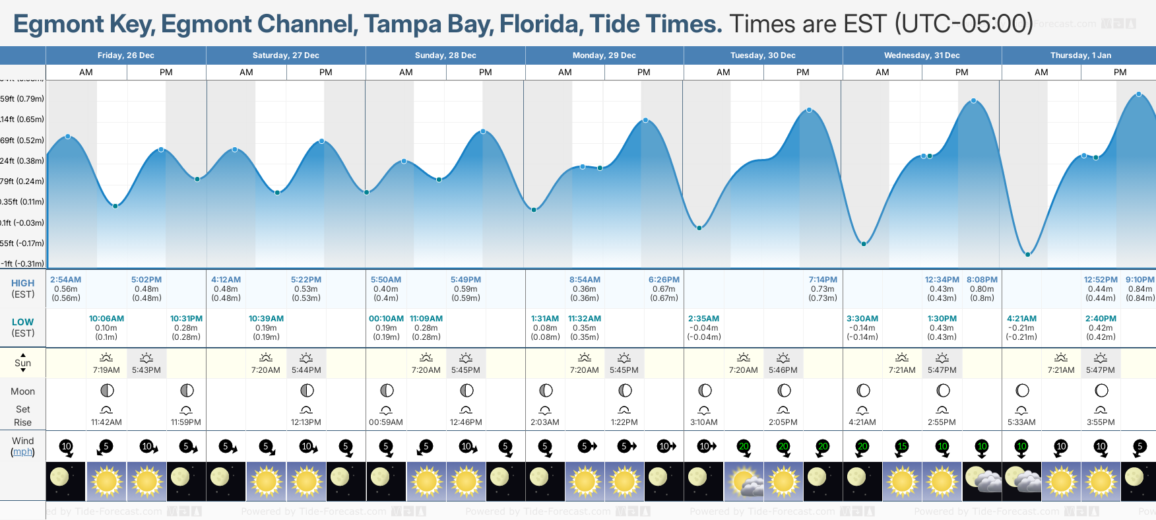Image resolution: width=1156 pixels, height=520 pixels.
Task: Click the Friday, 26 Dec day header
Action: pos(125,55)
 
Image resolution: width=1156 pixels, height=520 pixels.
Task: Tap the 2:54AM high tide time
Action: pos(65,280)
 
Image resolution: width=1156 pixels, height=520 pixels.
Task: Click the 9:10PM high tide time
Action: pos(1140,280)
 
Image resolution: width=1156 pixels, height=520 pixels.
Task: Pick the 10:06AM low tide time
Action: pos(106,319)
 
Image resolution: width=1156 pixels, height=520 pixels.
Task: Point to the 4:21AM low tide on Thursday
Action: pos(1021,319)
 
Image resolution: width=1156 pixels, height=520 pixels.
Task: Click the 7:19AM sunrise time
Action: pos(106,370)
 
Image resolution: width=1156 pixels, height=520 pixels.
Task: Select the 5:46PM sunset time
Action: pos(783,370)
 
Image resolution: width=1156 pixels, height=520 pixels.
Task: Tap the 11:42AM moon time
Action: pos(106,422)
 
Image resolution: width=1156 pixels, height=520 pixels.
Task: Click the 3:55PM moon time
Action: pos(1101,422)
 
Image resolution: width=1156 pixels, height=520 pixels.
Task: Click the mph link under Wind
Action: pos(22,452)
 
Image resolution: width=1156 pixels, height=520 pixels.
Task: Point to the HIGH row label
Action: pos(22,283)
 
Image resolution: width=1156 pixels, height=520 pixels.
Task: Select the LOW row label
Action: pos(22,322)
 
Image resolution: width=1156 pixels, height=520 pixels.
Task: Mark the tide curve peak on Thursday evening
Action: pos(1139,95)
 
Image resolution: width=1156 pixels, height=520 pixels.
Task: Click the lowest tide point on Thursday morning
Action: pos(1027,254)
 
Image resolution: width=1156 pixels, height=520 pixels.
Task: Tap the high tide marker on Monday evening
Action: pos(645,120)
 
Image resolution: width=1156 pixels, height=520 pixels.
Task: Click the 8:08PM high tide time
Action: pos(982,280)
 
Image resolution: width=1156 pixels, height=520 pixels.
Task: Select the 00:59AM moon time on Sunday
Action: pos(386,422)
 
